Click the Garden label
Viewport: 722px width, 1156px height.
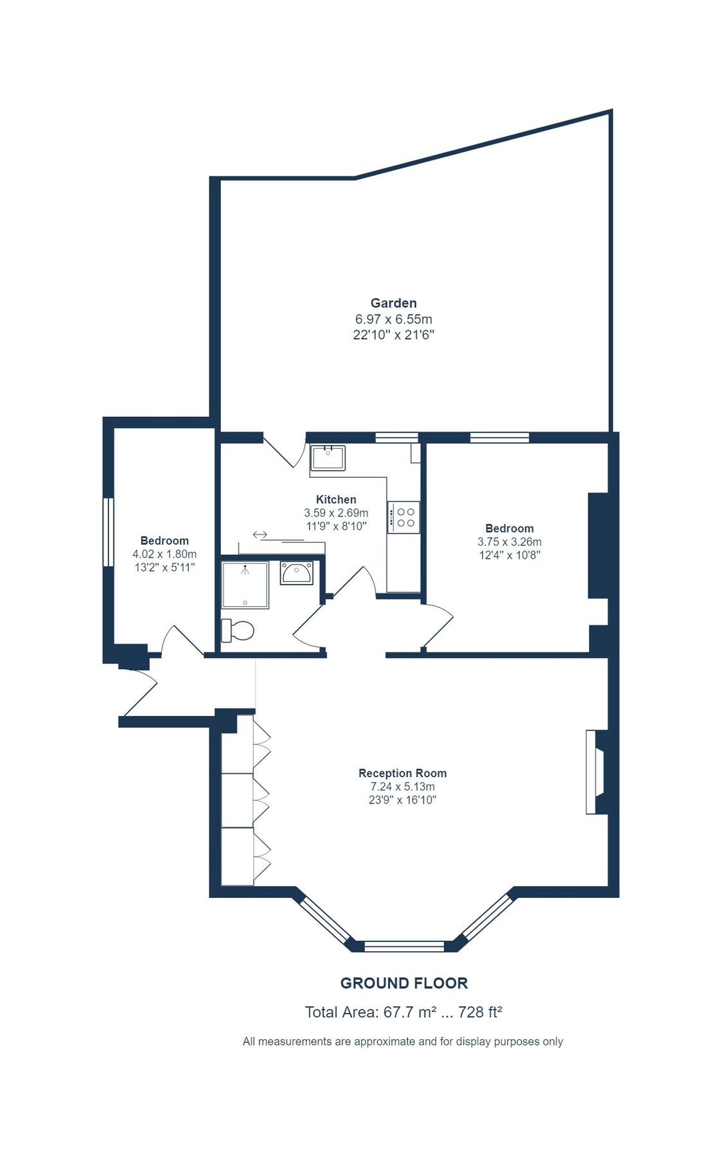[x=393, y=303]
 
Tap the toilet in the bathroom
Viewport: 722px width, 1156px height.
[x=238, y=630]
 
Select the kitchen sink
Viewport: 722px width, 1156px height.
[x=328, y=458]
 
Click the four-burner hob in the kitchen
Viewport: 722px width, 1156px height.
[x=404, y=517]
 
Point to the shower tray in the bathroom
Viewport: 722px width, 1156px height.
[x=245, y=585]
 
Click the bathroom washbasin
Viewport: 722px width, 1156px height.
[x=296, y=573]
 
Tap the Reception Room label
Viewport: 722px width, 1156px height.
[x=402, y=773]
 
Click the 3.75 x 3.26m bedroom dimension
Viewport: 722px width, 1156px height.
[x=509, y=542]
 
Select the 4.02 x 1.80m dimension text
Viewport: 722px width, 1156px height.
[x=164, y=554]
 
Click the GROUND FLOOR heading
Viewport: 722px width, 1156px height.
[x=403, y=983]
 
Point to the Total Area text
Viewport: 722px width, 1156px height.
[x=403, y=1013]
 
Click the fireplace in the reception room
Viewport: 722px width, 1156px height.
[x=595, y=772]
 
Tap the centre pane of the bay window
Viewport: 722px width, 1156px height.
[x=404, y=946]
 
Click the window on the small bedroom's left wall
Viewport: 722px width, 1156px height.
[x=109, y=532]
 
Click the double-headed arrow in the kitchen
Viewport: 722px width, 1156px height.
[x=260, y=534]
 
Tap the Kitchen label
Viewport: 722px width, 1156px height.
[x=336, y=500]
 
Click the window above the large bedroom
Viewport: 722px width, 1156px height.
[x=499, y=438]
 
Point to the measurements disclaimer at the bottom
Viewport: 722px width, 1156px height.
[x=402, y=1042]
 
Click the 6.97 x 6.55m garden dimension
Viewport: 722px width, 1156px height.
[x=393, y=319]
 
